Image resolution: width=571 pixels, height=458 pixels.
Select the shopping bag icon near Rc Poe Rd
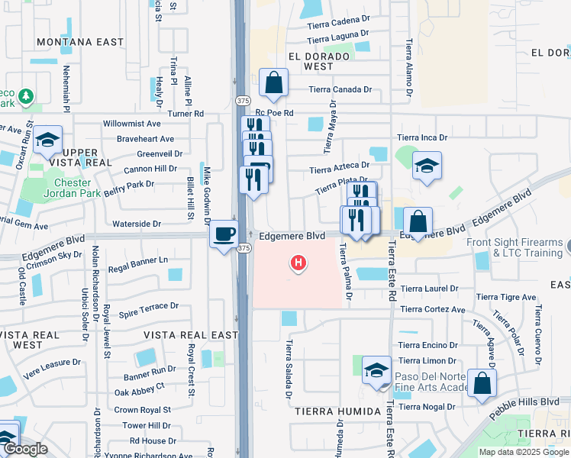tap(273, 83)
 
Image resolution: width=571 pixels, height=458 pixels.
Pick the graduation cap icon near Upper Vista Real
tap(47, 140)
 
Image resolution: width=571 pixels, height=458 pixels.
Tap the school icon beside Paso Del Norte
tap(376, 371)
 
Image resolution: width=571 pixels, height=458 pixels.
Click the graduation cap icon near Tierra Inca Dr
tap(426, 165)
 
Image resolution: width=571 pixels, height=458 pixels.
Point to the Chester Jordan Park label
tap(73, 188)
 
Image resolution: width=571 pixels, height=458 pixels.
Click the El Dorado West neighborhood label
tap(311, 61)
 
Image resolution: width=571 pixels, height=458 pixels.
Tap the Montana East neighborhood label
tap(79, 42)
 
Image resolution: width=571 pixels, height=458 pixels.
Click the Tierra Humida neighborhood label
tap(337, 411)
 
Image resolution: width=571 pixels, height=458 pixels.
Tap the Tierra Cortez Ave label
tap(432, 309)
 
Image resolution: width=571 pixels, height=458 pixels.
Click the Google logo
tap(25, 449)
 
